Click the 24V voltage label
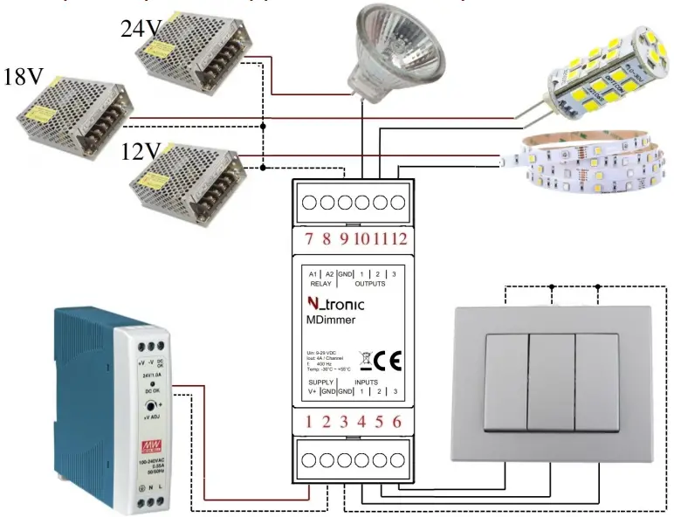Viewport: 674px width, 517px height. pyautogui.click(x=141, y=30)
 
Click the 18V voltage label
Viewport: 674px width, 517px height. pyautogui.click(x=24, y=77)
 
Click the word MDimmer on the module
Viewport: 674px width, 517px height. pyautogui.click(x=331, y=321)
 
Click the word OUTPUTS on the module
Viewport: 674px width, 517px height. pyautogui.click(x=370, y=284)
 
